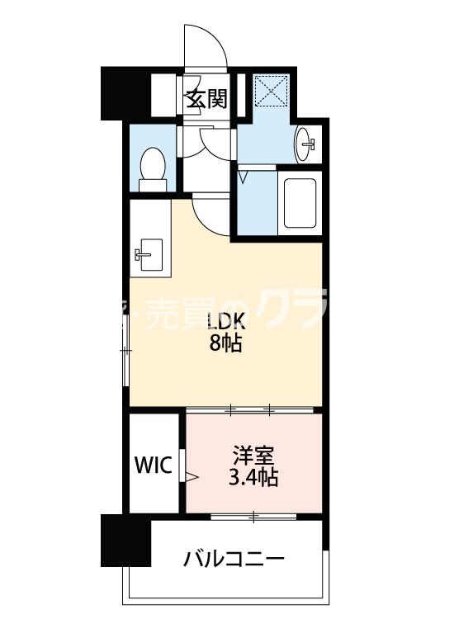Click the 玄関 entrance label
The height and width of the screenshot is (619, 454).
[206, 100]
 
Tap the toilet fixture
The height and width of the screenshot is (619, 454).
[153, 164]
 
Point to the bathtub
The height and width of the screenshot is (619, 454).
[300, 201]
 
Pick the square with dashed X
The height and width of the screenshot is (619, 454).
[268, 91]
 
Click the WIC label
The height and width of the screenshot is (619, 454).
[153, 465]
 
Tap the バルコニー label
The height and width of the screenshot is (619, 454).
[234, 560]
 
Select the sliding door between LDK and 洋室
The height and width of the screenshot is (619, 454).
[252, 409]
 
